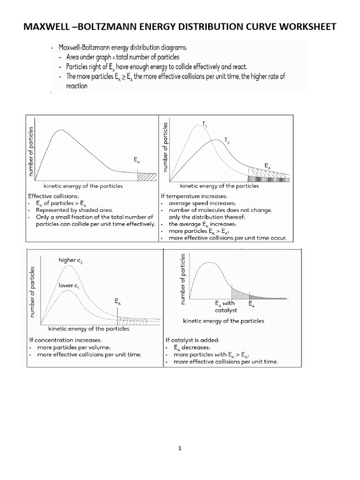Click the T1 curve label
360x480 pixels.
tap(205, 124)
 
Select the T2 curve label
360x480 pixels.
tap(227, 140)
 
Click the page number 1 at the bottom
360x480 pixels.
tap(180, 448)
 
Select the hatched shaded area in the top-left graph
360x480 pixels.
tap(146, 177)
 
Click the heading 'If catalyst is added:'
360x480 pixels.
tap(192, 340)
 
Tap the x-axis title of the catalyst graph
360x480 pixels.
tap(223, 321)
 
